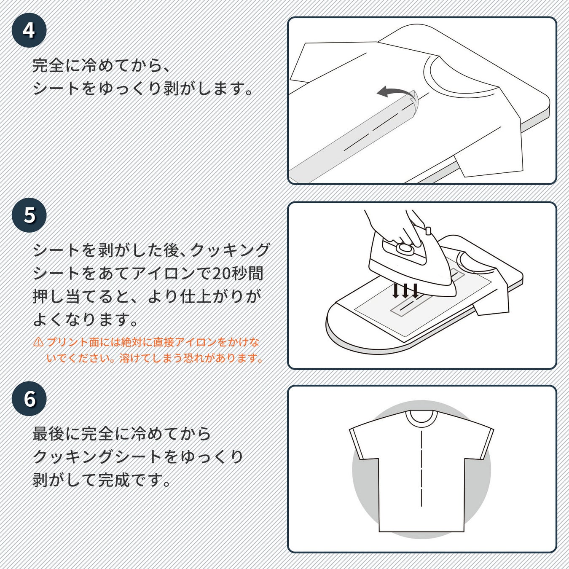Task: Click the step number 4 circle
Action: [29, 30]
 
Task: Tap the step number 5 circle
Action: [29, 215]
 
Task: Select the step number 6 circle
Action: [29, 399]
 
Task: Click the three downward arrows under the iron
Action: [405, 291]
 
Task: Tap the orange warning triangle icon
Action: [38, 342]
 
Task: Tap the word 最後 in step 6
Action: [48, 434]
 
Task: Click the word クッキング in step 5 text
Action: [230, 250]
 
